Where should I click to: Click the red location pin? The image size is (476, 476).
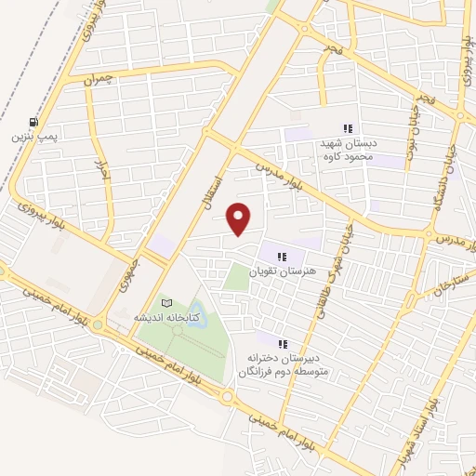pos(240,218)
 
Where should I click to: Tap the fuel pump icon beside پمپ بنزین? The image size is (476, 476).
pos(34,122)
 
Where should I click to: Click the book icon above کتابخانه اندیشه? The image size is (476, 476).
pos(167,303)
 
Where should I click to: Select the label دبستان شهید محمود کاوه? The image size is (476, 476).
pos(346,149)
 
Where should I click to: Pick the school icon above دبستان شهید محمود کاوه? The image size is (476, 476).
pos(347,129)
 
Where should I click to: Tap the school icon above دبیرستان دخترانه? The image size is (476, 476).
pos(283,344)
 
